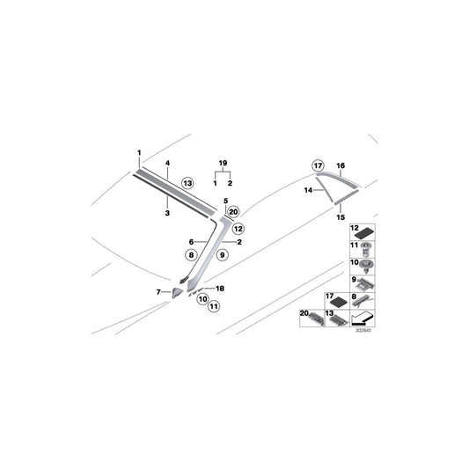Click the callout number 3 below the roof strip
tap(167, 213)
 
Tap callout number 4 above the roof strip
tap(167, 163)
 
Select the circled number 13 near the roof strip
tap(187, 183)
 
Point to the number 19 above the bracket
tap(223, 163)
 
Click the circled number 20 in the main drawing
tap(233, 212)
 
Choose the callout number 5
tap(226, 201)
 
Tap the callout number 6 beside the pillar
tap(191, 242)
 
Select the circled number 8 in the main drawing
tap(191, 255)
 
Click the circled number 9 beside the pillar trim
tap(223, 255)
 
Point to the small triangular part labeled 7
tap(177, 292)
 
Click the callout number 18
tap(220, 289)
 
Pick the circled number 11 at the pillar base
tap(214, 306)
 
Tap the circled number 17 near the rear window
tap(318, 165)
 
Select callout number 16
tap(341, 165)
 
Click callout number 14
tap(308, 190)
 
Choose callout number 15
tap(341, 217)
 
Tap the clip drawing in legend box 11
tap(365, 249)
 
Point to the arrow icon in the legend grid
tap(363, 319)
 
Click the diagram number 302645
tap(363, 331)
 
